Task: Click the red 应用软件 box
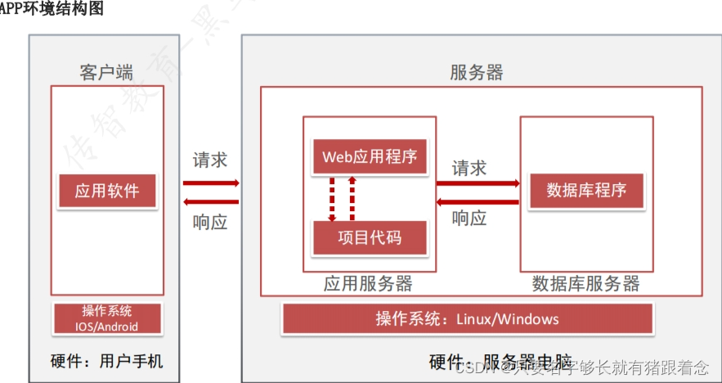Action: pos(107,191)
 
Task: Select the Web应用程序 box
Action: pos(370,156)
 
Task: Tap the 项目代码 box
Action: pos(370,238)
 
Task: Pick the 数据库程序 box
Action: pos(586,190)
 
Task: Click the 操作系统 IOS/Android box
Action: pos(107,318)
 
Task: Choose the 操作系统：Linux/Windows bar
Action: pos(467,318)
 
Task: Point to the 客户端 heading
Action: pos(106,72)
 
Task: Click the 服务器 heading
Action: pos(477,72)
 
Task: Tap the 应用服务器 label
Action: pos(368,284)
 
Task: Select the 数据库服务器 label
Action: pos(585,284)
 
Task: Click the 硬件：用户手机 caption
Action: pos(107,360)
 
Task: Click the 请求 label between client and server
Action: pos(210,160)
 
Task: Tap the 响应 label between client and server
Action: pos(210,222)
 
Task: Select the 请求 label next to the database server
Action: pos(469,168)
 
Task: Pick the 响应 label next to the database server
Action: pos(469,219)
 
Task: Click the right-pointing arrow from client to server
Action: pos(211,182)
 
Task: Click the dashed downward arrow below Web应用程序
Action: pos(332,197)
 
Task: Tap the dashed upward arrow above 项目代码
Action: pos(352,197)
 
